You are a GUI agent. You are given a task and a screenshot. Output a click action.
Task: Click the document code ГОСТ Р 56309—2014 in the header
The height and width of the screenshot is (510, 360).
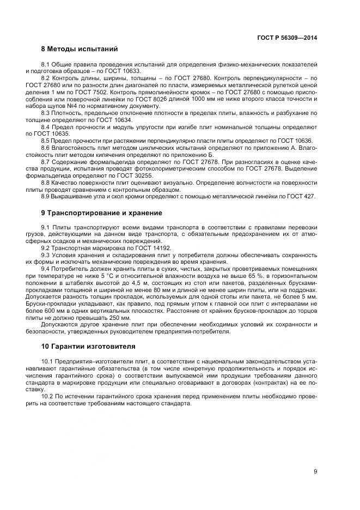coord(287,38)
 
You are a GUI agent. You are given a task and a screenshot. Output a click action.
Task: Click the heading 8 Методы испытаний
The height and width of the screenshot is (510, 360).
coord(80,49)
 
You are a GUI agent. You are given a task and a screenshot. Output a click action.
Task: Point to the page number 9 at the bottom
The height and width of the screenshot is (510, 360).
coord(315,471)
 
